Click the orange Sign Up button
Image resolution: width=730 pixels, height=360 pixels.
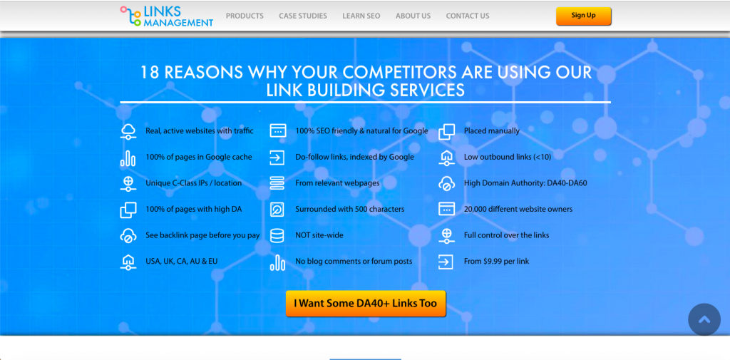tap(583, 16)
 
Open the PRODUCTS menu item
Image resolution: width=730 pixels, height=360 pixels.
tap(245, 16)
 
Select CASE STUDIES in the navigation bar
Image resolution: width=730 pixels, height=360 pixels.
tap(302, 16)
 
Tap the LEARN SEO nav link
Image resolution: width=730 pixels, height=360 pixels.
tap(361, 16)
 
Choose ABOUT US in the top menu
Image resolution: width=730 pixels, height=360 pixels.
tap(413, 16)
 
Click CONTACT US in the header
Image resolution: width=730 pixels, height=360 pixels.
tap(468, 16)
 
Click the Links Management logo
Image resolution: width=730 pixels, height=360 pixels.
tap(167, 16)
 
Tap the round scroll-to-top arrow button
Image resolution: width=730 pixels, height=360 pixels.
tap(704, 319)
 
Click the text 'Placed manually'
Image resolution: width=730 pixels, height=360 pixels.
tap(492, 131)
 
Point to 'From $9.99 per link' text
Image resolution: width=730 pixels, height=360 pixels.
tap(496, 262)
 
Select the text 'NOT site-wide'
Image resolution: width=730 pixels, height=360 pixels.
tap(319, 235)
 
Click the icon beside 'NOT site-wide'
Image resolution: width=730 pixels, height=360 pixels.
tap(277, 235)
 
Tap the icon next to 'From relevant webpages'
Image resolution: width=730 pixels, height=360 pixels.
tap(277, 183)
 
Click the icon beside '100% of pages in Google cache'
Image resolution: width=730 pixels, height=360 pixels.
tap(128, 158)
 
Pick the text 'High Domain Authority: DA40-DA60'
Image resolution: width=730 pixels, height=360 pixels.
tap(525, 183)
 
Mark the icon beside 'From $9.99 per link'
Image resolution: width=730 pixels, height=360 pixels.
tap(446, 262)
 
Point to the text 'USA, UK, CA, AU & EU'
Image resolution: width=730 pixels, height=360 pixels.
tap(181, 262)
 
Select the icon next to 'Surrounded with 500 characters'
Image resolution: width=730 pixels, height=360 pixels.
tap(277, 209)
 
